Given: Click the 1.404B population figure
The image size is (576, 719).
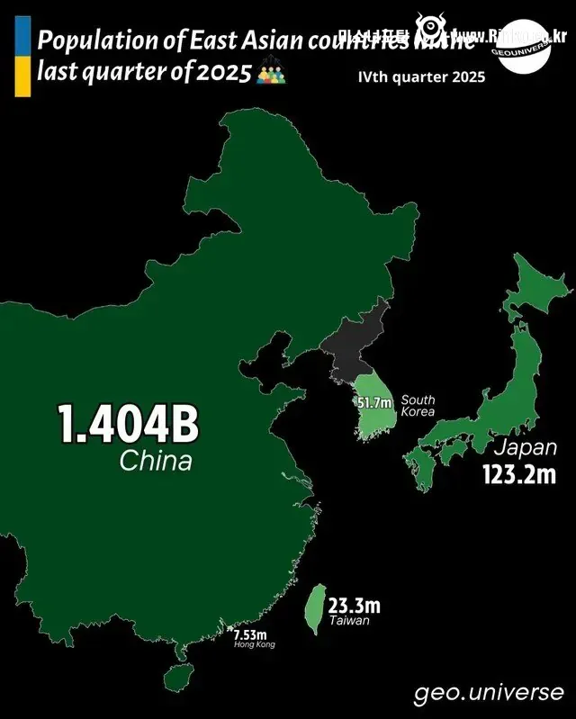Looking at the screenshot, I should coord(128,425).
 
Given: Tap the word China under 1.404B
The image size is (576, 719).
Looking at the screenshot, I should coord(156,462).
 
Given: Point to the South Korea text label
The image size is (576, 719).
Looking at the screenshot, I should coord(418,406).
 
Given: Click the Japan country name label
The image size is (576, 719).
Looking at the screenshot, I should coord(525,447).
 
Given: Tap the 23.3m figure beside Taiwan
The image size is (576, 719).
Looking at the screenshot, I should coord(354,605).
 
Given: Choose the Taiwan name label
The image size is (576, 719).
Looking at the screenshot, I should coord(348,621).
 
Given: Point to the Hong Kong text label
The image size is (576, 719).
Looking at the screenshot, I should coord(254,644).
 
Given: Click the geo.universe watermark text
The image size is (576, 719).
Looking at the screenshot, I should coord(489,693).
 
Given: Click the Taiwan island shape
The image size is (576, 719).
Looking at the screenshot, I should coord(314,607).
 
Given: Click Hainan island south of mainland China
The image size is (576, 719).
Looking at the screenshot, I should coord(177,675).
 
